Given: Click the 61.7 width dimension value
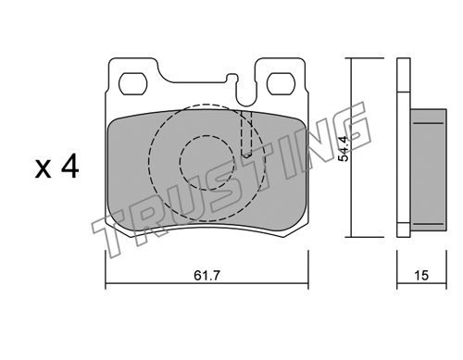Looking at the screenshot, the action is pyautogui.click(x=206, y=275).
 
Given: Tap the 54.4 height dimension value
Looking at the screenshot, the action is pyautogui.click(x=344, y=148).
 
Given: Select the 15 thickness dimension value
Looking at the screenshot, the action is pyautogui.click(x=421, y=275).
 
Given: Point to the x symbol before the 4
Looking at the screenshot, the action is pyautogui.click(x=43, y=169).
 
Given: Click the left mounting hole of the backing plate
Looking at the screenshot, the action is pyautogui.click(x=133, y=84).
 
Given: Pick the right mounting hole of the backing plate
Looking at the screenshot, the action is pyautogui.click(x=281, y=84).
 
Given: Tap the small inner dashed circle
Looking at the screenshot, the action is pyautogui.click(x=206, y=162).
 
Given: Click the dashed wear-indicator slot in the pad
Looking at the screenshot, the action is pyautogui.click(x=246, y=134).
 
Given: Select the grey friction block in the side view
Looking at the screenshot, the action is pyautogui.click(x=429, y=170).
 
